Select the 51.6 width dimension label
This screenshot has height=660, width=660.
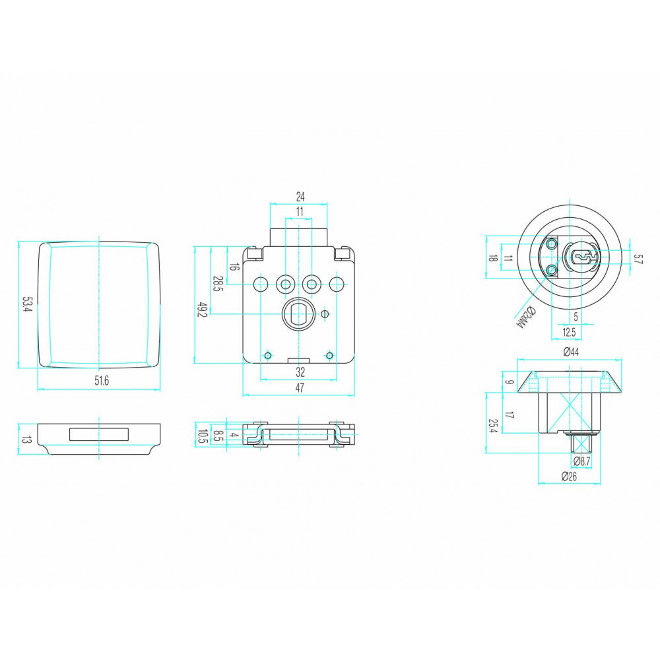[102, 381]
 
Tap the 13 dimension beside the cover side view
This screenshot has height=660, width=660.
[26, 440]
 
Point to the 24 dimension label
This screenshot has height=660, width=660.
[300, 197]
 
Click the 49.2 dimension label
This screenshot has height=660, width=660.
[203, 310]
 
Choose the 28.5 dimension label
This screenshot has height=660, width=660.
[218, 284]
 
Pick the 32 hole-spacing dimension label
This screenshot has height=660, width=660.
[300, 372]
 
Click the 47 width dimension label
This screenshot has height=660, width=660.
[299, 387]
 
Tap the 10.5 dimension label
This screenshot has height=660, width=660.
[203, 436]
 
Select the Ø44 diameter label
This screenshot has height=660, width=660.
[571, 352]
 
